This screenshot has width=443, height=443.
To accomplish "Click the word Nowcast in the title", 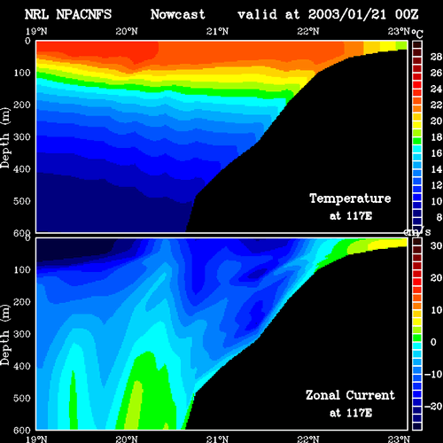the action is pyautogui.click(x=178, y=14).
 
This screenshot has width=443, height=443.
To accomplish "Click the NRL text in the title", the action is pyautogui.click(x=36, y=14).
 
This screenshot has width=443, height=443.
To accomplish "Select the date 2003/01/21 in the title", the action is pyautogui.click(x=347, y=15).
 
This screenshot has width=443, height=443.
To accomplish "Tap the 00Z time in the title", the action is pyautogui.click(x=407, y=14).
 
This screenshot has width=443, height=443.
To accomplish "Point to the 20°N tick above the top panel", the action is pyautogui.click(x=127, y=31).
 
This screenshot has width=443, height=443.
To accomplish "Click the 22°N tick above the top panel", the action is pyautogui.click(x=308, y=31).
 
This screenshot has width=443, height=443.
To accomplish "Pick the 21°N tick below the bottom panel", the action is pyautogui.click(x=217, y=439).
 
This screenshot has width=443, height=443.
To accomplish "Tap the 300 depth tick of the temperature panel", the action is pyautogui.click(x=22, y=137).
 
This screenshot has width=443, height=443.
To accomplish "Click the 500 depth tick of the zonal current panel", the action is pyautogui.click(x=22, y=398).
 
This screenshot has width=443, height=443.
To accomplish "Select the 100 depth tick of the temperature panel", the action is pyautogui.click(x=22, y=73).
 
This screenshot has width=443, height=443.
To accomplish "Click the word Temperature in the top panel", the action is pyautogui.click(x=350, y=198).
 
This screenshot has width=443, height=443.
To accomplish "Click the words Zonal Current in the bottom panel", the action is pyautogui.click(x=350, y=395).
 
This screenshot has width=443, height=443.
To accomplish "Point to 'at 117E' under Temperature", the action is pyautogui.click(x=351, y=216).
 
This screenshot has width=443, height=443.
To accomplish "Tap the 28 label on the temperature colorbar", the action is pyautogui.click(x=436, y=57).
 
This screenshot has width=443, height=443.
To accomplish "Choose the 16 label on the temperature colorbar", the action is pyautogui.click(x=436, y=153).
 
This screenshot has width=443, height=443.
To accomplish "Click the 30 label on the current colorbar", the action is pyautogui.click(x=436, y=245).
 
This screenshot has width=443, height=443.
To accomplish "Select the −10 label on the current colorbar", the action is pyautogui.click(x=433, y=374).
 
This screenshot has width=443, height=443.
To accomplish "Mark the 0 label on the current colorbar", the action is pyautogui.click(x=433, y=342).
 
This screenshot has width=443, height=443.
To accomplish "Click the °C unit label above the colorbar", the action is pyautogui.click(x=417, y=34).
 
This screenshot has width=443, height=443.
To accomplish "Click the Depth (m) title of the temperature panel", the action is pyautogui.click(x=5, y=138).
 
